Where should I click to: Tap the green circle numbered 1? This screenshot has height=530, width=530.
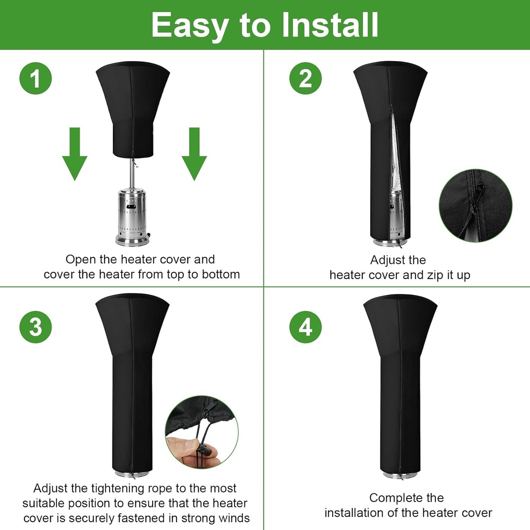click(36, 79)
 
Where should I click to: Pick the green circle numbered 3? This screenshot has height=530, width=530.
click(36, 327)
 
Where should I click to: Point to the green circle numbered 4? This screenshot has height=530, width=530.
click(305, 327)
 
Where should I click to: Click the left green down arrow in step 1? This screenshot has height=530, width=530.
click(75, 154)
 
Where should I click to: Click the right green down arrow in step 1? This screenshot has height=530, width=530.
click(194, 154)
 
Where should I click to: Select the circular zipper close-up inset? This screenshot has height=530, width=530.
click(475, 205)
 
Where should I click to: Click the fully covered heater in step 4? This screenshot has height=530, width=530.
click(400, 383)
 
